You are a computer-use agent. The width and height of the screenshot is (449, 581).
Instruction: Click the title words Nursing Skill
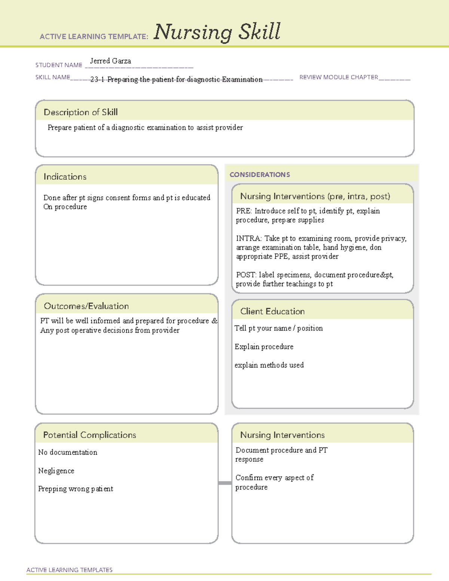coord(217,32)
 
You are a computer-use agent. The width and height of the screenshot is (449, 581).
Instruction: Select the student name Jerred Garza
coord(110,61)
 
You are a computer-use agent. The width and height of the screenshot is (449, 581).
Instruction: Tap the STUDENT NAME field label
coord(59,65)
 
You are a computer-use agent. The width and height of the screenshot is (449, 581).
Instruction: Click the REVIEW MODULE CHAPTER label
coord(339,77)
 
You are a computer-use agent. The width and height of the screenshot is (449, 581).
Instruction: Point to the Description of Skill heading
coord(80,112)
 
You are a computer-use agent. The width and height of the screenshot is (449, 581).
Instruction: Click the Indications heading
coord(65,177)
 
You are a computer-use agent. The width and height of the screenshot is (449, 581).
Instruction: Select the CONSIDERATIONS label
coord(260,175)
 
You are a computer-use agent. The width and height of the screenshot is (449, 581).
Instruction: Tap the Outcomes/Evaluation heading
coord(86,306)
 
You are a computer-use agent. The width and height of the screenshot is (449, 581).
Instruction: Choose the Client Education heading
coord(272,311)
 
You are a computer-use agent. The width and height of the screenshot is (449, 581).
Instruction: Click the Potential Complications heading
coord(89,435)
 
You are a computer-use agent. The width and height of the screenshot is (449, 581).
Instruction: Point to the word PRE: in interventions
coord(244,211)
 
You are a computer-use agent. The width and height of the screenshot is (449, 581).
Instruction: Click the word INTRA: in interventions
coord(249,238)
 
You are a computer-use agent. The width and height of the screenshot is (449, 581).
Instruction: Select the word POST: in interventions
coord(246,275)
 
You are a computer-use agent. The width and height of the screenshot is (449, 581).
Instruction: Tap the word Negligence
coord(56,471)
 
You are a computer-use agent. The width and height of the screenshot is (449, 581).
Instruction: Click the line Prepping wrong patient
coord(76,489)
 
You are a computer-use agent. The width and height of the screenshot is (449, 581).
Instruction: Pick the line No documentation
coord(68,452)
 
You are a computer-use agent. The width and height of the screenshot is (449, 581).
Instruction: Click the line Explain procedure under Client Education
coord(264,347)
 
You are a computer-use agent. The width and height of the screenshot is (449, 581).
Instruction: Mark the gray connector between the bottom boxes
coord(225,483)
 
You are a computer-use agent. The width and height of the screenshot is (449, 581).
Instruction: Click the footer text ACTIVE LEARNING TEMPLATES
coord(69,570)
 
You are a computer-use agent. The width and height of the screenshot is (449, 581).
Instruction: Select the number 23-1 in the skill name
coord(97,79)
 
